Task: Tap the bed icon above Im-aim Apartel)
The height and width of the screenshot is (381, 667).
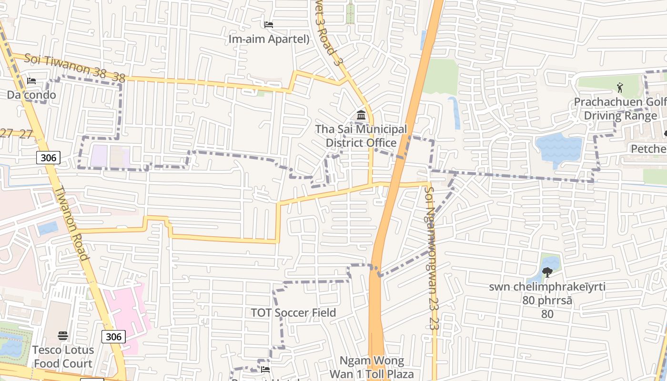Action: point(269,24)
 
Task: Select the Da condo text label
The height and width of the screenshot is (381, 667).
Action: point(31,95)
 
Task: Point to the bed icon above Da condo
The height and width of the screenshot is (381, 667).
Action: point(31,80)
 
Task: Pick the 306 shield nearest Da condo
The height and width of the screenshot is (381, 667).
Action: point(49,158)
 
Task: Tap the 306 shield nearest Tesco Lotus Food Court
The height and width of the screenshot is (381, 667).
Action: point(113,337)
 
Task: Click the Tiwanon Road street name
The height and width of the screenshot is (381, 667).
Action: point(72,223)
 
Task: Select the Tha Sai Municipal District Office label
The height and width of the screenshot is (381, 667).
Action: point(361,136)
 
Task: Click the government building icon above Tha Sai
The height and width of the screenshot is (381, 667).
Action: point(361,115)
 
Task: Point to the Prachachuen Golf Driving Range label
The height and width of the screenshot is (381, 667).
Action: point(620,109)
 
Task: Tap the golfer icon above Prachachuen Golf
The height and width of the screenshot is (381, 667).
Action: point(620,88)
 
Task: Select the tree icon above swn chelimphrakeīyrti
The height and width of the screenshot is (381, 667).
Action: point(547,272)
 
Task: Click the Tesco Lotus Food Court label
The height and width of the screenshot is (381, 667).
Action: point(63,357)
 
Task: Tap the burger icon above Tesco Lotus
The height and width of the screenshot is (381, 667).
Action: point(63,336)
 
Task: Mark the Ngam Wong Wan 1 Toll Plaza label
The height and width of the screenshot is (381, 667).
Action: point(373,367)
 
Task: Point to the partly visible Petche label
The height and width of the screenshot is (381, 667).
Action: point(648,149)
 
